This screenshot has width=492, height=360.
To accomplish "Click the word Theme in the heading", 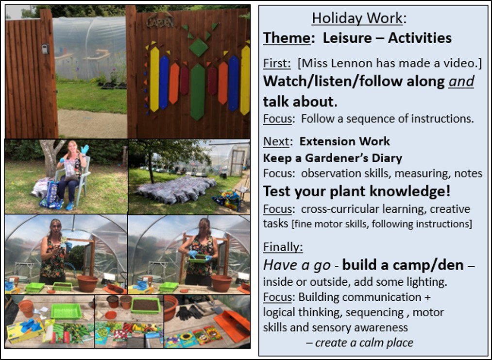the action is click(x=287, y=38).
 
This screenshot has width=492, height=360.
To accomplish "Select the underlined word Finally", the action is click(x=283, y=247).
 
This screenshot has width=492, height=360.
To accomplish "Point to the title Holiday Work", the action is click(x=357, y=18).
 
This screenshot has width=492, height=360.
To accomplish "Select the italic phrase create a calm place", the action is click(x=364, y=343).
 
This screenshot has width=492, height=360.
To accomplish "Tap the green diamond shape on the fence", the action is click(x=198, y=48).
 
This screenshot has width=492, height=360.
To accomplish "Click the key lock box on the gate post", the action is click(x=45, y=49).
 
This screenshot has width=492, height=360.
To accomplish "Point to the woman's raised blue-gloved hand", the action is click(x=85, y=149).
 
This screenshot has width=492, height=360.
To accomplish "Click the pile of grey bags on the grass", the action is click(x=176, y=189).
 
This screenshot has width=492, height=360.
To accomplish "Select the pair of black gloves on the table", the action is click(x=189, y=312).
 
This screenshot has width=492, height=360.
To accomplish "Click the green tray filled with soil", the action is click(x=146, y=306).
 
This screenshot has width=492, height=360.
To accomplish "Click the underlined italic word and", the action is click(x=461, y=82).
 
